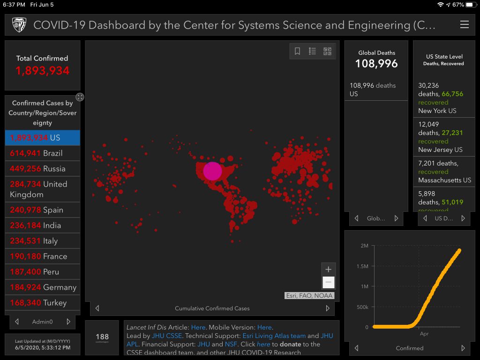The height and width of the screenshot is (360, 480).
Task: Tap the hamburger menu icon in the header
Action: pos(464,25)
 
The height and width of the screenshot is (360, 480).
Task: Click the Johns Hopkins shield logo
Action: pos(19,25)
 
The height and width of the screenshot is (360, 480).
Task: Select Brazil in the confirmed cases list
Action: pos(43,153)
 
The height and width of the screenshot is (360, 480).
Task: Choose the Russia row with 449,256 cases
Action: pos(43,169)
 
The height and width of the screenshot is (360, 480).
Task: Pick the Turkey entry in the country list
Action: pos(43,303)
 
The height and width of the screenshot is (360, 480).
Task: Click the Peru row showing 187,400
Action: pos(43,272)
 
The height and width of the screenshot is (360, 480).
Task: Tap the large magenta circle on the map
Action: pos(212,171)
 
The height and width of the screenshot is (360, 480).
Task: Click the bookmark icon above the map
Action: pos(297,52)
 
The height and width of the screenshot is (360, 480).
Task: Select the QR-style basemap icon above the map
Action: pos(327,52)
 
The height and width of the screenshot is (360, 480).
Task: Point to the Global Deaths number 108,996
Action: pos(376,64)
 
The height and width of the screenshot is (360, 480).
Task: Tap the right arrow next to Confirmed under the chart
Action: pos(463,348)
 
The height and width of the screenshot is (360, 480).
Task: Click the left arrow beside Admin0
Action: pos(17,322)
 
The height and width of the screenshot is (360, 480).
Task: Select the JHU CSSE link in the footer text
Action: pos(167,336)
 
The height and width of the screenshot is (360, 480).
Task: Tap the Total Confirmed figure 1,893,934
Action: pos(43,71)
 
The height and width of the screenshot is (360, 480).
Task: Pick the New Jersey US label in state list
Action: pos(440,150)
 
